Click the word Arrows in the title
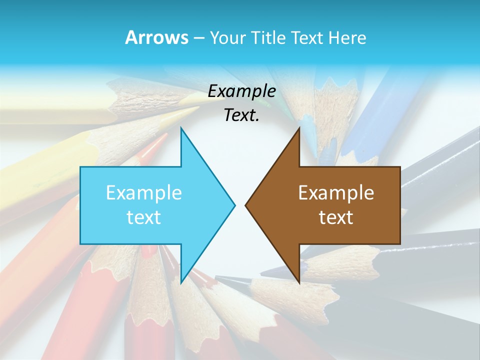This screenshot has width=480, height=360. coord(156,37)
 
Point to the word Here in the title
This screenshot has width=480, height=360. coord(347,38)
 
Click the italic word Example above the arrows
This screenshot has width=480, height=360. coord(241,91)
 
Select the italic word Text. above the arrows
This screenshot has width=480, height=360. coord(241,115)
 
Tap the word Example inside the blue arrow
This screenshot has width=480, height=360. coord(144,193)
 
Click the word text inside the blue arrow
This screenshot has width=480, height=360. coord(144,217)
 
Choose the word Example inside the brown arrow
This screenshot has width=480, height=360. coord(336,193)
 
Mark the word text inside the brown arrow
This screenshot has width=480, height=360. coord(336,217)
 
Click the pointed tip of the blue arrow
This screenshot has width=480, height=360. coord(235,205)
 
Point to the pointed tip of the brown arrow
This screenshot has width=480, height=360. coord(245,205)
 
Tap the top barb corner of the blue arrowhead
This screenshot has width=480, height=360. coord(181,128)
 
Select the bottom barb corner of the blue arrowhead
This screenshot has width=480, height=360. coord(181,283)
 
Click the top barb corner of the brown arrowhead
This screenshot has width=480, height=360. coord(299,128)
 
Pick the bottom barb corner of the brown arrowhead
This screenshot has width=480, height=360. coord(299,283)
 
